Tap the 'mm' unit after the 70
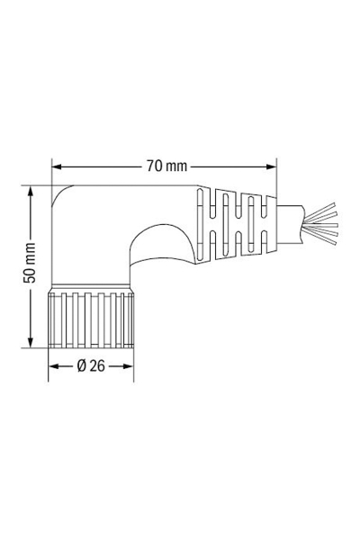(176, 166)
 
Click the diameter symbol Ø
(82, 366)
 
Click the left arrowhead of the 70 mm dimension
(57, 166)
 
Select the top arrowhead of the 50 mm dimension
(31, 191)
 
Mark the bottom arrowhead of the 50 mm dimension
(31, 346)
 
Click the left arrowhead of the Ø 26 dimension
(52, 366)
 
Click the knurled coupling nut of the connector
(91, 319)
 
